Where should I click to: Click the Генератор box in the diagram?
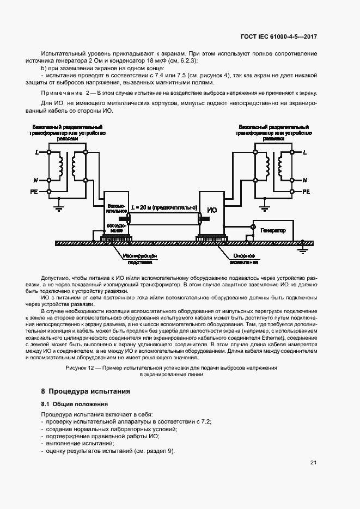tap(273, 231)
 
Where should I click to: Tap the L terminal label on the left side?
tap(37, 152)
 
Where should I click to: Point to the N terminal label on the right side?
tap(304, 180)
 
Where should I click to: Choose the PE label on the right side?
tap(306, 192)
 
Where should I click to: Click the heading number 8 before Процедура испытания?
tap(43, 391)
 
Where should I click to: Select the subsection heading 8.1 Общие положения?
tap(75, 404)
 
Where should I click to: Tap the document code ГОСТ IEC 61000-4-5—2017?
tap(279, 36)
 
